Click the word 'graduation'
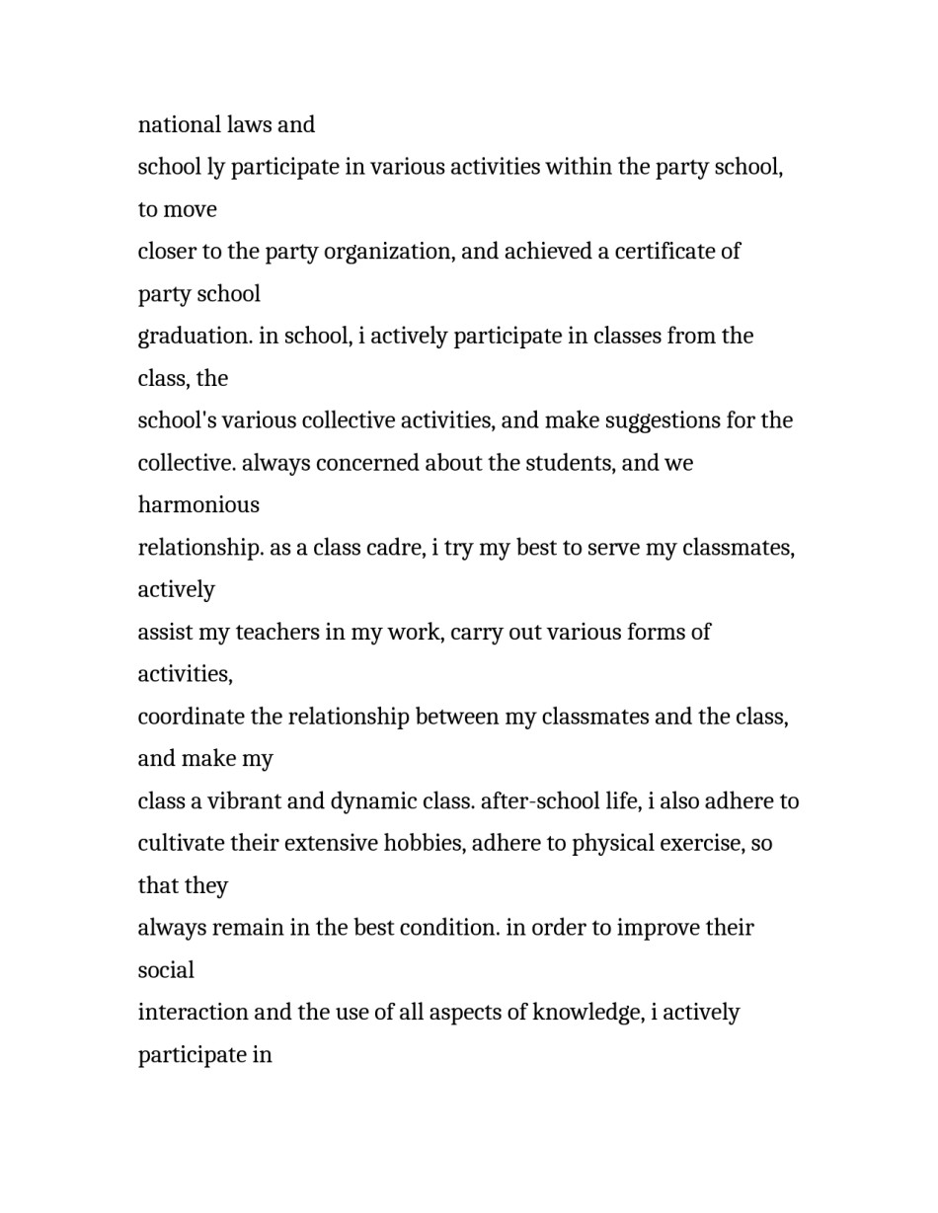(x=195, y=337)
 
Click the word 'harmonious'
(x=198, y=505)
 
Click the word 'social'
(x=166, y=971)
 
